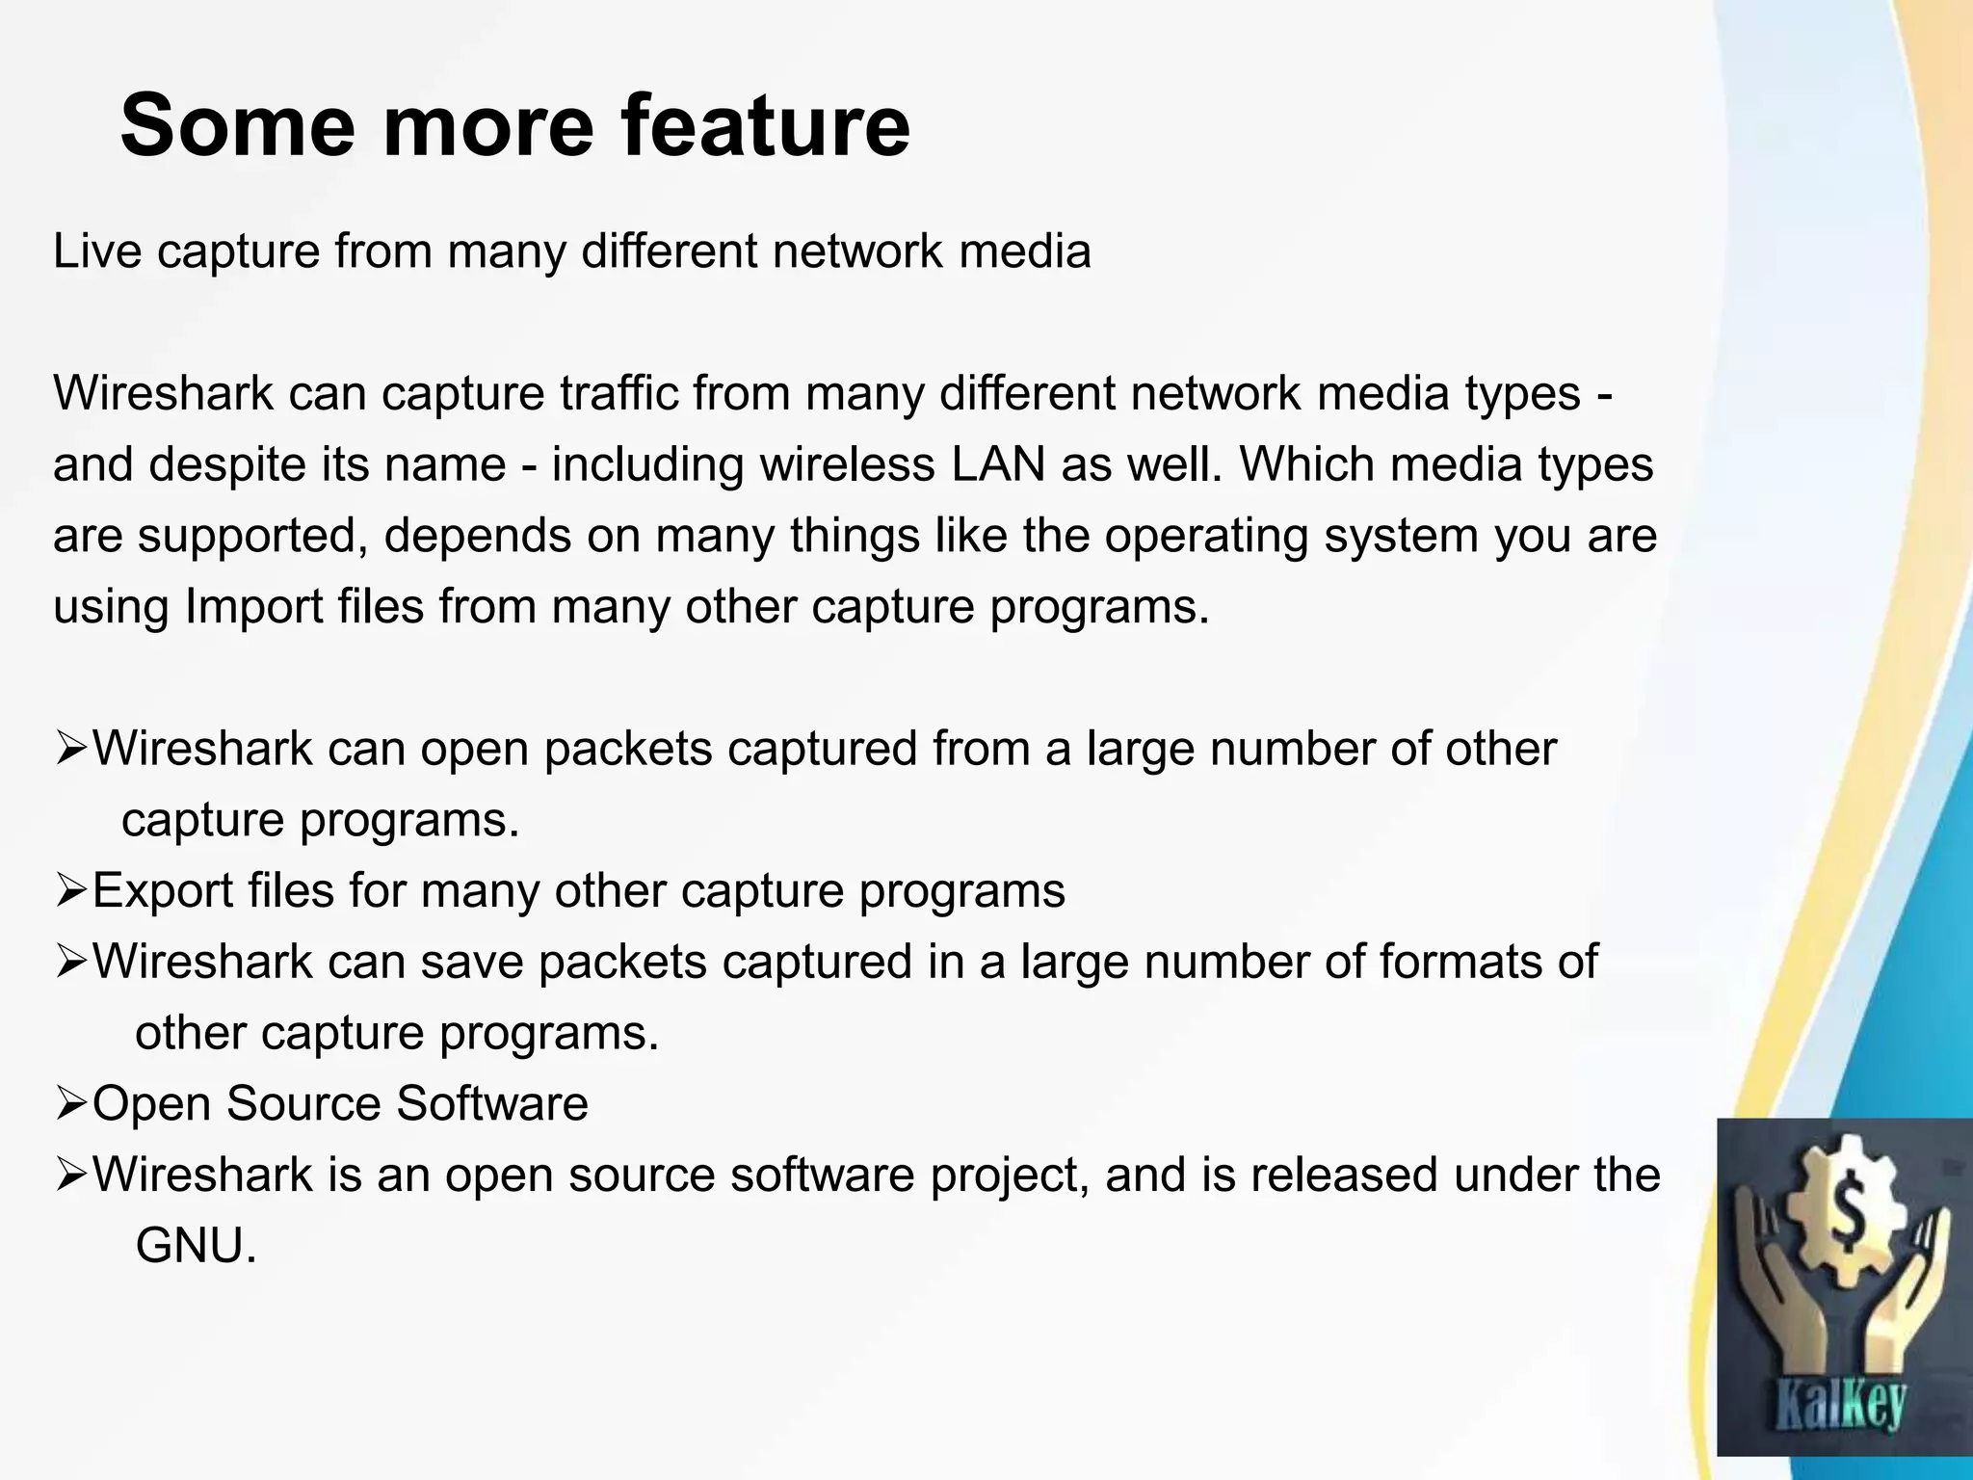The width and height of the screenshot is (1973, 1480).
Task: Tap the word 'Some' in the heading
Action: pos(237,126)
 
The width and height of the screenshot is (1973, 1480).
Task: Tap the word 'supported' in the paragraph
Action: pos(252,536)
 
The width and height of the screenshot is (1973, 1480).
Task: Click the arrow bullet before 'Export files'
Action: pos(71,891)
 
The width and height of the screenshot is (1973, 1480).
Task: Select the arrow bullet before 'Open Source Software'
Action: pos(71,1105)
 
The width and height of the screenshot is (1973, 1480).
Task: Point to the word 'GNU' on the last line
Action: pos(196,1247)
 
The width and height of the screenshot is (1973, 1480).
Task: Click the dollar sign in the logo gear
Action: pos(1844,1220)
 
